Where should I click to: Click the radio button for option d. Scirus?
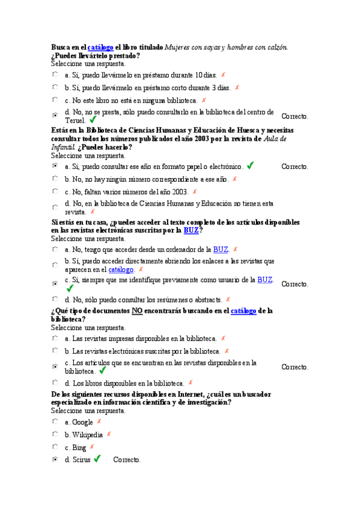point(55,459)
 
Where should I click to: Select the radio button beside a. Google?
point(55,422)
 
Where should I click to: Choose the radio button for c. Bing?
point(55,447)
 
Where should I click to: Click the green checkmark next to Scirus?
point(97,459)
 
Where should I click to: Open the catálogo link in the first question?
point(100,47)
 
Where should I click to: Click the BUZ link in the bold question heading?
point(191,230)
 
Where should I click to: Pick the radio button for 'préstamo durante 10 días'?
point(55,75)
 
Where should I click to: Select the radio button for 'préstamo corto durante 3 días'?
point(55,87)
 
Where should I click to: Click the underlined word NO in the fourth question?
point(137,311)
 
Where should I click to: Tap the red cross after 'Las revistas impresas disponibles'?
point(223,339)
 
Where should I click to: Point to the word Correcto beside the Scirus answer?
point(127,460)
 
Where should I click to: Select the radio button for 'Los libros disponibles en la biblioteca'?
point(55,382)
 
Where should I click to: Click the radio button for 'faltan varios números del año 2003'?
point(55,191)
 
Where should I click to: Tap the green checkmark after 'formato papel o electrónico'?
point(250,165)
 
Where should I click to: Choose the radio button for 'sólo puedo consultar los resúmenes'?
point(55,299)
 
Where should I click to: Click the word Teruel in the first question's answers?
point(75,120)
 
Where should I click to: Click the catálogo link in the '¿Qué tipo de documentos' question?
point(243,311)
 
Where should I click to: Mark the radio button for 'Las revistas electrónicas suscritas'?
point(55,351)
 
